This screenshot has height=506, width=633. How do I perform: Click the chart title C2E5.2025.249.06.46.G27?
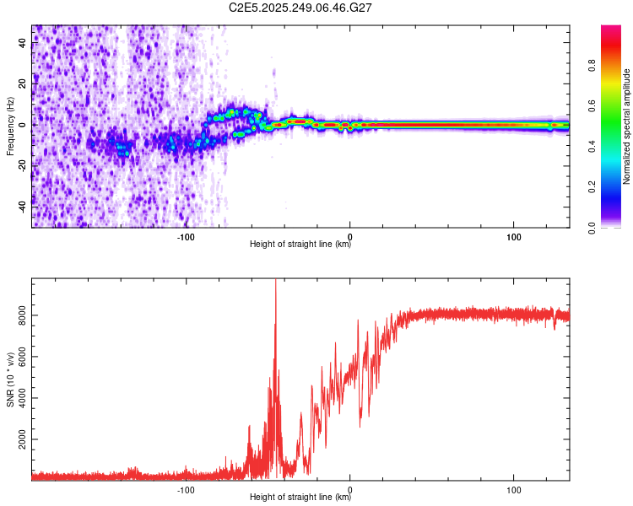(300, 8)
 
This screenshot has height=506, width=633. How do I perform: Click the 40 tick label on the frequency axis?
(23, 44)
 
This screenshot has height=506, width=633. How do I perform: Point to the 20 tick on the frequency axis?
(23, 84)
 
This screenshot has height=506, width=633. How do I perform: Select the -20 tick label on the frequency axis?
(23, 165)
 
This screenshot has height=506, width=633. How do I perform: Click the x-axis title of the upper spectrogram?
(300, 245)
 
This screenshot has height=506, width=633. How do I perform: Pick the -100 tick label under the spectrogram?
(187, 236)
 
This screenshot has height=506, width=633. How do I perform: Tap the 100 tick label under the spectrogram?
(513, 236)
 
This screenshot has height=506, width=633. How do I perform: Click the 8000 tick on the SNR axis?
(23, 315)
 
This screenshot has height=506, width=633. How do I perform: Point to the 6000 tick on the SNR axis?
(23, 357)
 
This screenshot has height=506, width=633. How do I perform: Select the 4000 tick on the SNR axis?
(23, 398)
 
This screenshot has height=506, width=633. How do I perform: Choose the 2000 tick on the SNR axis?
(23, 440)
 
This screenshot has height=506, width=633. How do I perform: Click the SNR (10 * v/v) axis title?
(10, 379)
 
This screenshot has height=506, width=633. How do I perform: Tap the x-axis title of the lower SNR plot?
(300, 498)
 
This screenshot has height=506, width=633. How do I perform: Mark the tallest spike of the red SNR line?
(275, 282)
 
